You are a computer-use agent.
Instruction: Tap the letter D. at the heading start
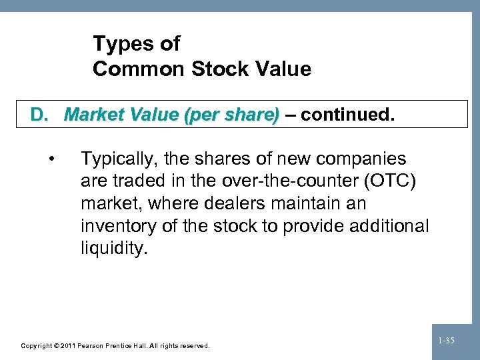[x=42, y=115]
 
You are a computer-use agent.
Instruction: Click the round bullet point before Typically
[x=52, y=159]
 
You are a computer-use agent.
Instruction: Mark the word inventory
[x=115, y=226]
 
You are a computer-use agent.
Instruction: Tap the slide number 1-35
[x=447, y=341]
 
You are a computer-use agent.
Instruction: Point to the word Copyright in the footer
[x=37, y=346]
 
